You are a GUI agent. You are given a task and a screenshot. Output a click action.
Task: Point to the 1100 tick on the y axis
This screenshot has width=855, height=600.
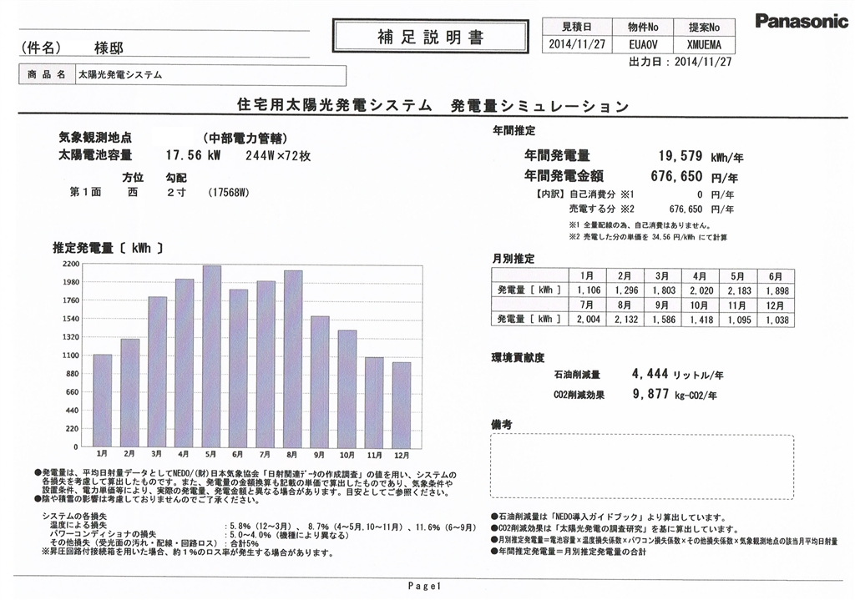[69, 355]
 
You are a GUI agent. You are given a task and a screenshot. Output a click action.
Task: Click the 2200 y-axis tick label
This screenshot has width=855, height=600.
[69, 264]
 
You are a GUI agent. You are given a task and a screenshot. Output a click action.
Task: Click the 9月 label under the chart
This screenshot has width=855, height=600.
[320, 453]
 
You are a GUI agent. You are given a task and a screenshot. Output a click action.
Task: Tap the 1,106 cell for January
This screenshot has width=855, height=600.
[589, 290]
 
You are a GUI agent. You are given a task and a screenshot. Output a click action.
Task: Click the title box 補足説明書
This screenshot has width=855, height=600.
[429, 38]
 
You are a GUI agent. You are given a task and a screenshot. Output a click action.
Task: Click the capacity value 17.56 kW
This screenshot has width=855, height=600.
[192, 155]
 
